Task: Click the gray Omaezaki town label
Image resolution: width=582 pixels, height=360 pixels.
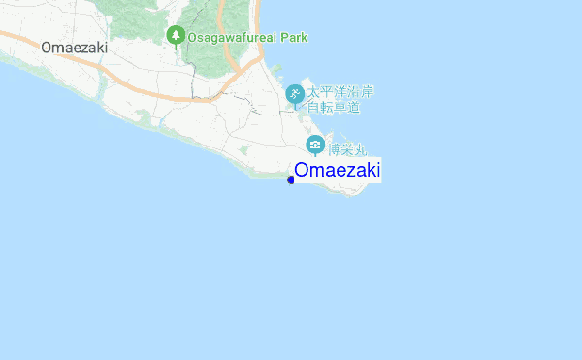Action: pyautogui.click(x=74, y=46)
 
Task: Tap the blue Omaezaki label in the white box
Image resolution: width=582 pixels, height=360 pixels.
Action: pyautogui.click(x=337, y=171)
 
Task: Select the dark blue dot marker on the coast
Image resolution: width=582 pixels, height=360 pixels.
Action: pyautogui.click(x=291, y=179)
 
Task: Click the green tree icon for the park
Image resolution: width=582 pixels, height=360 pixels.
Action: pyautogui.click(x=176, y=36)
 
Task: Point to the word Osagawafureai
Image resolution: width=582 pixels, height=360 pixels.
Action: pyautogui.click(x=230, y=37)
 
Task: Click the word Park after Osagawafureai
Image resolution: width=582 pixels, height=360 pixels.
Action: pyautogui.click(x=291, y=37)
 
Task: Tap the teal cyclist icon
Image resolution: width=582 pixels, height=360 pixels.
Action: pyautogui.click(x=294, y=94)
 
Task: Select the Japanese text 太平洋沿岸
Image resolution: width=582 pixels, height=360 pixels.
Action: pyautogui.click(x=340, y=92)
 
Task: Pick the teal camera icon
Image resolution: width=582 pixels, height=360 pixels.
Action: pyautogui.click(x=314, y=146)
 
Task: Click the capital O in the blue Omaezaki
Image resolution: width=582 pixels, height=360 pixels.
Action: pyautogui.click(x=302, y=171)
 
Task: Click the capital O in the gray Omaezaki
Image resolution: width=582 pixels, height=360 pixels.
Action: pyautogui.click(x=47, y=46)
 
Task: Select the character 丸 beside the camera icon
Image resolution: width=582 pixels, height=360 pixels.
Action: pyautogui.click(x=362, y=150)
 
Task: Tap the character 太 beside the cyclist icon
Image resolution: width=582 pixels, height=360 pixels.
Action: pyautogui.click(x=314, y=92)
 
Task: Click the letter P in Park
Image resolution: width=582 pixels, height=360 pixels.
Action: pyautogui.click(x=279, y=37)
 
